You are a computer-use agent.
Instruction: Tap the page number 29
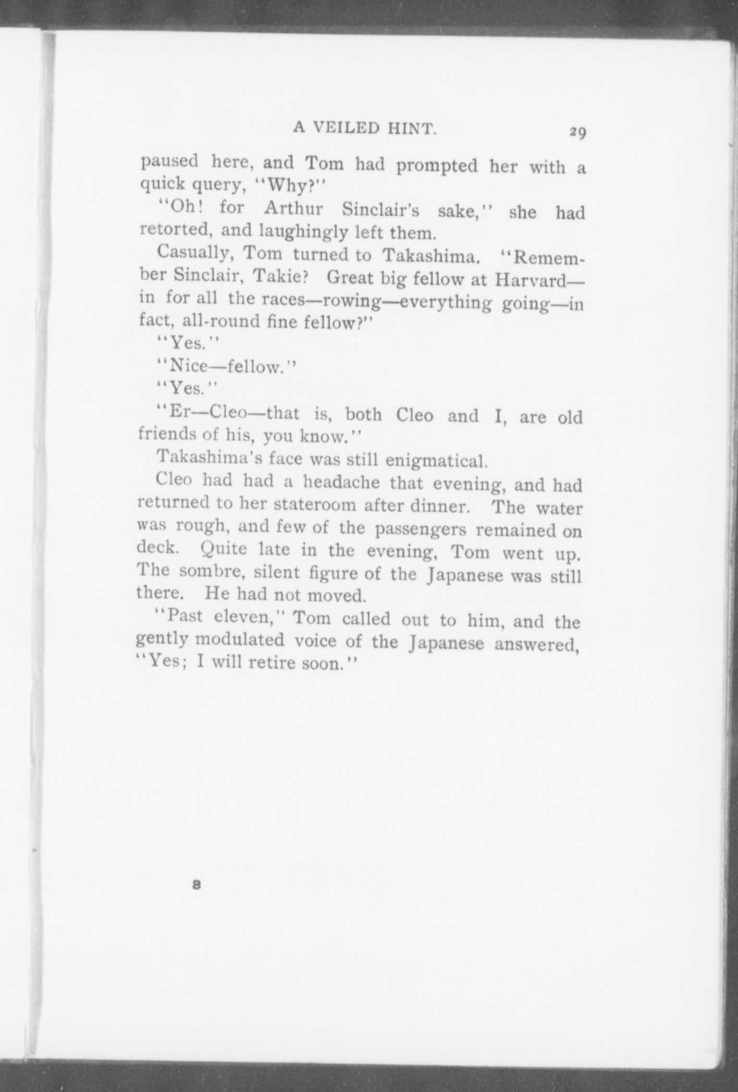pos(577,132)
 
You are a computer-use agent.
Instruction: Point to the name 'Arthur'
pos(293,209)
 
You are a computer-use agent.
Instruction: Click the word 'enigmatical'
pos(436,461)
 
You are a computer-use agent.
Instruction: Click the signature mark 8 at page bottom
pos(196,884)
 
